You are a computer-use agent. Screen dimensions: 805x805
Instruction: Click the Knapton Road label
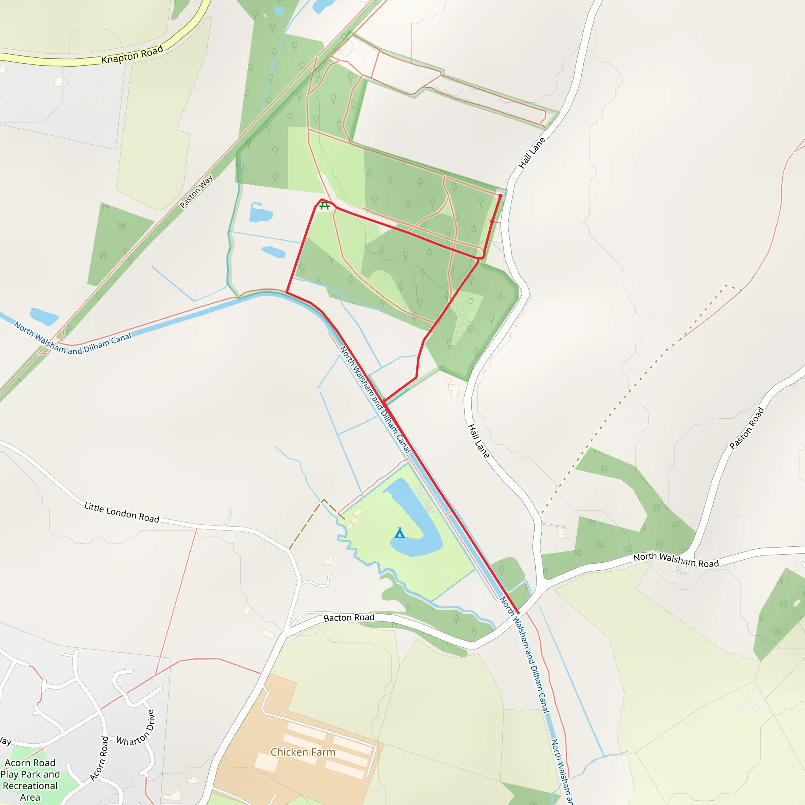(132, 55)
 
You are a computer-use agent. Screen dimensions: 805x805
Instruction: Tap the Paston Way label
(196, 191)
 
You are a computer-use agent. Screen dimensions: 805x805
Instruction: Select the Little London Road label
(122, 513)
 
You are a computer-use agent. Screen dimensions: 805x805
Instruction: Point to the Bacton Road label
(349, 618)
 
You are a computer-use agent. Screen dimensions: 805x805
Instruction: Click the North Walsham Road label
(676, 560)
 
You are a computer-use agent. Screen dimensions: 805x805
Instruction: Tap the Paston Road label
(747, 428)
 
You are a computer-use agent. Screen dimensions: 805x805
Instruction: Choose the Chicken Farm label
(303, 752)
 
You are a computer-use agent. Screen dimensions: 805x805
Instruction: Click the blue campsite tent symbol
(400, 533)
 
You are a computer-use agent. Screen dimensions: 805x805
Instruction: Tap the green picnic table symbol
(325, 206)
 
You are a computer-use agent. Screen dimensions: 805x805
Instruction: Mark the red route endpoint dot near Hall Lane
(500, 195)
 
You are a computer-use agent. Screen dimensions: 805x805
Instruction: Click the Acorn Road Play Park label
(30, 779)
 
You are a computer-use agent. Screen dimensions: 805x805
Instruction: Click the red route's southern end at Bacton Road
(518, 612)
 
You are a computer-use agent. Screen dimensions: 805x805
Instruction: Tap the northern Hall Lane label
(531, 153)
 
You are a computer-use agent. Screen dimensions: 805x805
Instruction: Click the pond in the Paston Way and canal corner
(44, 317)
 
